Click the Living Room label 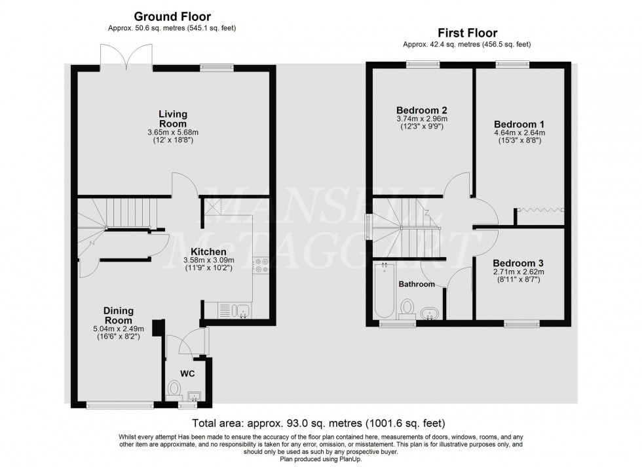coord(172,119)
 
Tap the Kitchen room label coord(208,252)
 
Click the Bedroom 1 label coord(519,124)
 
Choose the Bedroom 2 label coord(421,110)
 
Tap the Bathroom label coord(417,284)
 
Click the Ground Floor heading coord(172,16)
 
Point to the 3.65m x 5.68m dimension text coord(172,132)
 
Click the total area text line coord(319,423)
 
